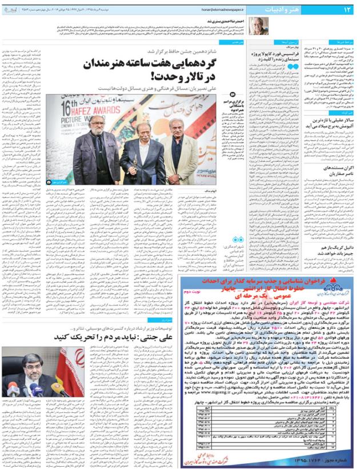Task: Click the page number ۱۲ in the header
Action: pyautogui.click(x=346, y=9)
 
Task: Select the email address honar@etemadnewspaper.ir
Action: pyautogui.click(x=221, y=9)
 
